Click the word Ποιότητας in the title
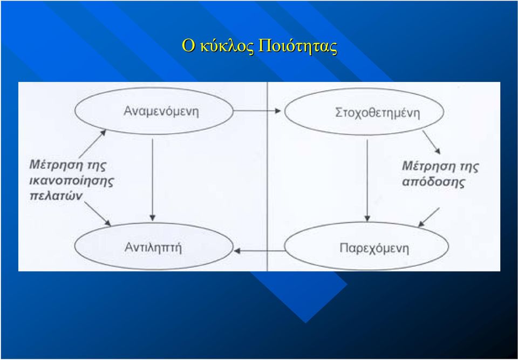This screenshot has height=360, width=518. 298,46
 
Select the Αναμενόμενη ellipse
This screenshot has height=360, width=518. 154,111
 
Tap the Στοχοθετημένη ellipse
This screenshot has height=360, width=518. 364,111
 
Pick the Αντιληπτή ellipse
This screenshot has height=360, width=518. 154,246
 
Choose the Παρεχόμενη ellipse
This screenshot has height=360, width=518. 367,246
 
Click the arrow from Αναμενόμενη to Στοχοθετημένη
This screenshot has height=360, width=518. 257,111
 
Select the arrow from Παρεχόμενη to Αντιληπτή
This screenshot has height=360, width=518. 260,251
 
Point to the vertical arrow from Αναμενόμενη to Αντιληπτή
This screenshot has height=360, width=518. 152,180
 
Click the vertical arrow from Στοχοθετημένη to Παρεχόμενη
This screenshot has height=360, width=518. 367,180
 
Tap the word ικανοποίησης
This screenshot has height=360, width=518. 71,181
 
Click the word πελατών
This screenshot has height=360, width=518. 56,196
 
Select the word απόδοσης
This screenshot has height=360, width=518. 433,182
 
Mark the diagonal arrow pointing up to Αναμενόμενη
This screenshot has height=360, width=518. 93,144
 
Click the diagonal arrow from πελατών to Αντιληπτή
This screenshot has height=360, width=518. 98,214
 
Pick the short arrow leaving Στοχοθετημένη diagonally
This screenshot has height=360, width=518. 432,142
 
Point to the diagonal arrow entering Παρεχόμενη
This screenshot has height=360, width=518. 429,217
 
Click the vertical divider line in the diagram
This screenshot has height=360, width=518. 267,176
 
